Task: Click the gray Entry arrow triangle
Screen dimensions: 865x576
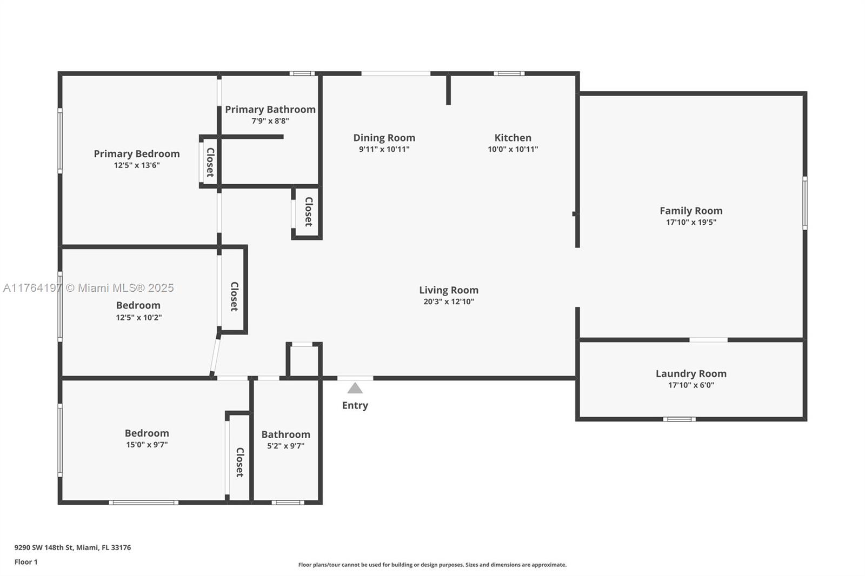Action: coord(355,389)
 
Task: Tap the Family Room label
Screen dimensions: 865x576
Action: coord(691,211)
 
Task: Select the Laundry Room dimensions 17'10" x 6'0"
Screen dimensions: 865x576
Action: coord(691,385)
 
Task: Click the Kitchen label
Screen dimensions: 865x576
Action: coord(513,138)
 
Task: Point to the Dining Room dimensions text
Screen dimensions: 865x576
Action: coord(384,150)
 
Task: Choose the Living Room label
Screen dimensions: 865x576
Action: coord(449,290)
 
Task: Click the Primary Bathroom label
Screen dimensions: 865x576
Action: coord(270,110)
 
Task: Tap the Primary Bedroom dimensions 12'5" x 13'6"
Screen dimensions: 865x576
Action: coord(137,165)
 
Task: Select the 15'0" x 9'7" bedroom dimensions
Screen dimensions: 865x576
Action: coord(147,444)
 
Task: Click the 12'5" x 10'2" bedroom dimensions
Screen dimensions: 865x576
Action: coord(138,317)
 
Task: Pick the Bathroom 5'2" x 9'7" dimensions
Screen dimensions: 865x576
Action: coord(286,446)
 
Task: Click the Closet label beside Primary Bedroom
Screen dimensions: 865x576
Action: coord(210,162)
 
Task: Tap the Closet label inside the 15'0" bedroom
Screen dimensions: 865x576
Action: coord(240,462)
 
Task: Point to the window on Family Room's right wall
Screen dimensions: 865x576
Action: coord(805,203)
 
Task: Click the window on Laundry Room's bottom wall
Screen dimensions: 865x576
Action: coord(679,419)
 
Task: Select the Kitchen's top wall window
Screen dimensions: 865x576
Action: coord(509,73)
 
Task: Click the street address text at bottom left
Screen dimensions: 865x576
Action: coord(72,547)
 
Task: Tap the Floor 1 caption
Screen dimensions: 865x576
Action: coord(26,562)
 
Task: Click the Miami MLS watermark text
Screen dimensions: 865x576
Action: coord(89,287)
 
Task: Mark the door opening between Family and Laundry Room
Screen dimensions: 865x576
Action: coord(709,340)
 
